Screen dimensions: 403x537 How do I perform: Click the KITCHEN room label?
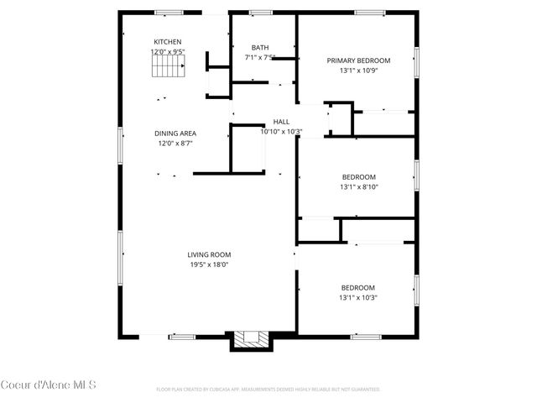click(x=167, y=42)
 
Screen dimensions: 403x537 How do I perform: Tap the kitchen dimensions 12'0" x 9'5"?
click(x=167, y=52)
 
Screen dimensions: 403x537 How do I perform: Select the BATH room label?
click(x=260, y=48)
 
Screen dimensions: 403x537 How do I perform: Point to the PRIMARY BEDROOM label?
click(x=358, y=60)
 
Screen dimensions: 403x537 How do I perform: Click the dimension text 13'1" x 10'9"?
click(x=358, y=71)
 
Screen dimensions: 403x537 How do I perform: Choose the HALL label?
click(x=281, y=122)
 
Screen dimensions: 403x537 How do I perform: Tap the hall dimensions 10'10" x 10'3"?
click(x=281, y=132)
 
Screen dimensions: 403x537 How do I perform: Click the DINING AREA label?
click(x=175, y=133)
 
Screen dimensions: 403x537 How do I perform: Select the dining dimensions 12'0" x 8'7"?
click(x=175, y=144)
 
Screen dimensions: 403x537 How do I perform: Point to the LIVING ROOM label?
click(x=209, y=254)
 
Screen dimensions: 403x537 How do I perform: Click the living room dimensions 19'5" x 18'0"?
click(x=209, y=264)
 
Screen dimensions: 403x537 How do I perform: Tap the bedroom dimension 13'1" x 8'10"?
click(x=358, y=187)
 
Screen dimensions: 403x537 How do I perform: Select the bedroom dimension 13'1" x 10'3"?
click(x=358, y=297)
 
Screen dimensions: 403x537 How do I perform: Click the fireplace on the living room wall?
click(x=248, y=340)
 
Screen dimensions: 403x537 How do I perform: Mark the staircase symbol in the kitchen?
click(x=166, y=66)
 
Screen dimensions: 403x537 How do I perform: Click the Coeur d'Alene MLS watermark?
click(x=48, y=385)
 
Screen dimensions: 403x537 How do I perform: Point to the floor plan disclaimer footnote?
click(x=268, y=390)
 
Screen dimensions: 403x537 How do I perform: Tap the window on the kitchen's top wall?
click(x=169, y=13)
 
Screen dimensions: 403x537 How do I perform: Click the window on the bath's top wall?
click(x=260, y=13)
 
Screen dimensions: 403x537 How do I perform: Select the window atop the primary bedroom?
click(x=369, y=13)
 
